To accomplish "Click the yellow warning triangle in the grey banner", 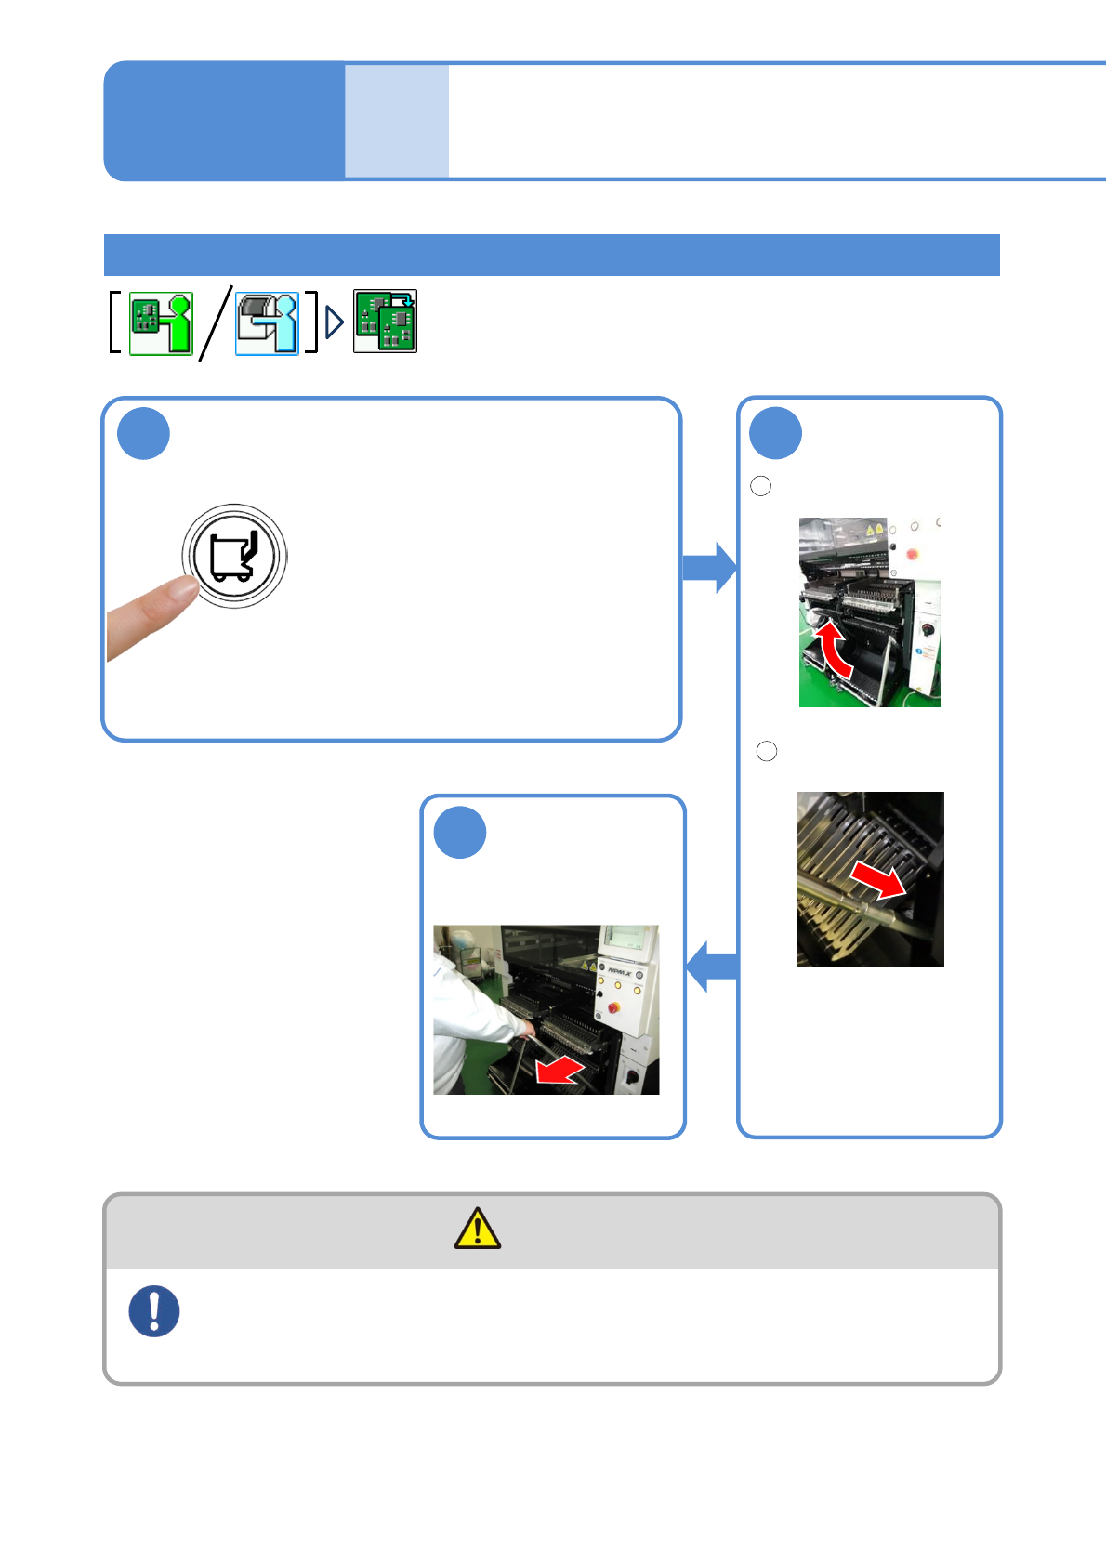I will (x=478, y=1229).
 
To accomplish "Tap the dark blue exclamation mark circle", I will (x=154, y=1310).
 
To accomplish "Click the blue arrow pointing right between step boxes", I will (x=709, y=568).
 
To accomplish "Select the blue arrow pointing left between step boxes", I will (x=712, y=967).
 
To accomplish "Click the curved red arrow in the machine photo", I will (x=833, y=649).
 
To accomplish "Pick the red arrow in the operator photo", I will (x=560, y=1071).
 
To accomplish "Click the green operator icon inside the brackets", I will (x=161, y=323).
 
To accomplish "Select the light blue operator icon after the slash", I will (x=267, y=323).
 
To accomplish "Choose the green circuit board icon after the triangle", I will (x=385, y=322).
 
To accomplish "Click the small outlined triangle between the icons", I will (x=335, y=322).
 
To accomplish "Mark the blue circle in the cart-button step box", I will (x=144, y=434).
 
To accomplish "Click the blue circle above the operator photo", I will (x=460, y=833).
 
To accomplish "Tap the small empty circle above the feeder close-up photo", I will (x=767, y=751).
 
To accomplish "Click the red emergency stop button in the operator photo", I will (x=613, y=1007).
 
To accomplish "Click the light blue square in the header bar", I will (x=397, y=121).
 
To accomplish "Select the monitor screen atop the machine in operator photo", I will (x=625, y=939).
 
